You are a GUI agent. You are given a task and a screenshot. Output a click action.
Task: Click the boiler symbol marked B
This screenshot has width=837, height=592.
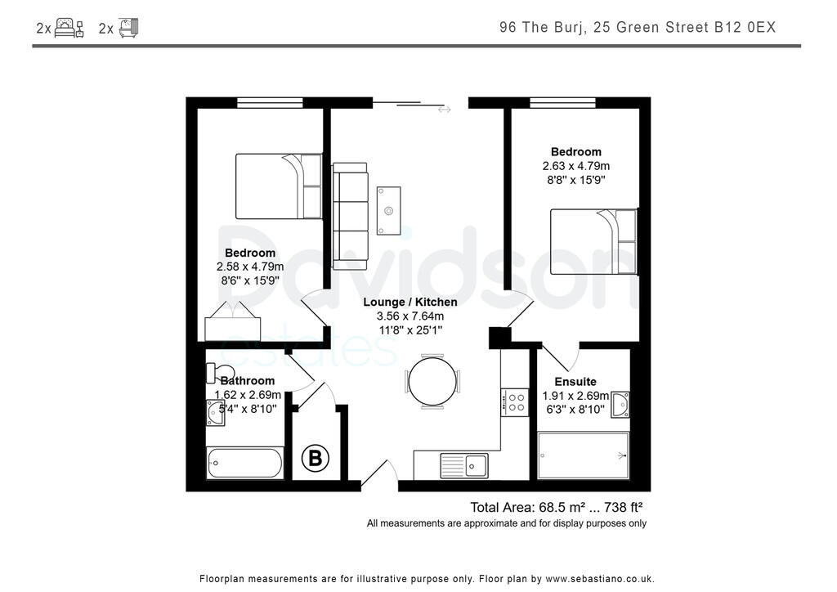[x=315, y=457]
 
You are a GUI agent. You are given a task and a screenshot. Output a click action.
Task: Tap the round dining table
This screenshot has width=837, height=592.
[x=432, y=382]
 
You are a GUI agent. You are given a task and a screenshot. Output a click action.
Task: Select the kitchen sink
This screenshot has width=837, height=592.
[x=464, y=465]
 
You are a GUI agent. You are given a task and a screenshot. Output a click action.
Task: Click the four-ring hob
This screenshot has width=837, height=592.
[x=515, y=402]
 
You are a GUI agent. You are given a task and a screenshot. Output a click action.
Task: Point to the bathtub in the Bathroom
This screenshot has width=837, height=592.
[x=245, y=463]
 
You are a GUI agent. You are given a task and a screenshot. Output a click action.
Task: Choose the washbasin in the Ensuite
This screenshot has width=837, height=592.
[x=620, y=405]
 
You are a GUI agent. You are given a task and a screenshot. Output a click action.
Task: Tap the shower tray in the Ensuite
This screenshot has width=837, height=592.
[x=584, y=456]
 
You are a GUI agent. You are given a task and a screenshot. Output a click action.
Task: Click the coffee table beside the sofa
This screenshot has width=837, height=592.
[x=388, y=210]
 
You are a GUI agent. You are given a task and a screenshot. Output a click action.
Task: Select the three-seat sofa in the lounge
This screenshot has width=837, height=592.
[x=350, y=216]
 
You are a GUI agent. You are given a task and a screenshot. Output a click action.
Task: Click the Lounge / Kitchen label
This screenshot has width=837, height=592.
[x=410, y=303]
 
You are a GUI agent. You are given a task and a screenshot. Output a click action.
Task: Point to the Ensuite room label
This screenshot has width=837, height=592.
[x=575, y=382]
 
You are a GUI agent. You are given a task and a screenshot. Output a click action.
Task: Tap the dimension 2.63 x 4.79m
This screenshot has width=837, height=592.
[x=576, y=166]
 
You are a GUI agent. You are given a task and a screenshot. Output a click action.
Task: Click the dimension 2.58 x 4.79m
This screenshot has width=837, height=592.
[x=250, y=267]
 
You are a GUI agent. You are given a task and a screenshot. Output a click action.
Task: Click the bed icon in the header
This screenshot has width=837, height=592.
[x=69, y=28]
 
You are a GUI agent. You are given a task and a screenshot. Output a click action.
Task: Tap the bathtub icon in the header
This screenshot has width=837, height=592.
[x=128, y=28]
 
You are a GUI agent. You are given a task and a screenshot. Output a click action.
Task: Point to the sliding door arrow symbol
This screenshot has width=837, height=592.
[x=444, y=110]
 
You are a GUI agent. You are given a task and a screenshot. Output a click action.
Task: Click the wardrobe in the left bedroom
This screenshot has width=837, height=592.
[x=233, y=322]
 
